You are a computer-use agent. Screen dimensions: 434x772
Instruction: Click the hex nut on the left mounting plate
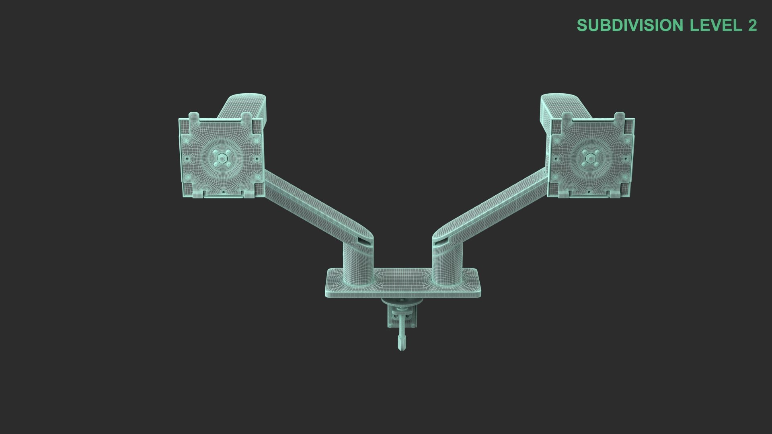pyautogui.click(x=221, y=158)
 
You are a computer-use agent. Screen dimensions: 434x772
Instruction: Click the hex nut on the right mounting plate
pyautogui.click(x=590, y=158)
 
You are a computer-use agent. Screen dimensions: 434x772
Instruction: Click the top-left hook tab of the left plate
pyautogui.click(x=194, y=117)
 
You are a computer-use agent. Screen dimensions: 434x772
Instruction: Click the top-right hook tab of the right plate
pyautogui.click(x=620, y=117)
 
